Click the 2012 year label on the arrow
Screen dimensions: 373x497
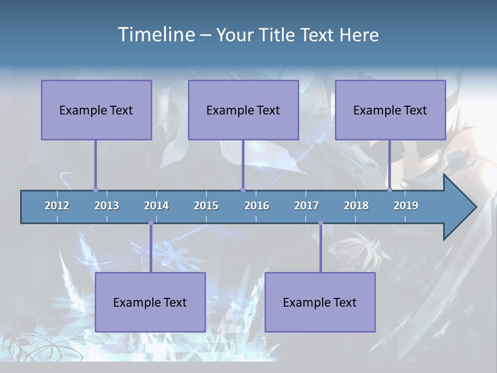click(57, 206)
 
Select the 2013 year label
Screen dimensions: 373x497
click(107, 206)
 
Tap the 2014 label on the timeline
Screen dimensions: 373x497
click(156, 206)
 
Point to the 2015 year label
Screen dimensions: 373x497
click(206, 206)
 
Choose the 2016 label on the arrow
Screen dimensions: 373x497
click(257, 206)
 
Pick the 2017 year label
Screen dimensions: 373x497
click(306, 206)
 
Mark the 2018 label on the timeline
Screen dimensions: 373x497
click(356, 206)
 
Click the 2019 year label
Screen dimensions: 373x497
click(406, 206)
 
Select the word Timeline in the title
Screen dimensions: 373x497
click(156, 35)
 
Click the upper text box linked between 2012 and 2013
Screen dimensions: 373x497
click(96, 110)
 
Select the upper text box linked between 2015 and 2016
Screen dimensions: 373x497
click(243, 110)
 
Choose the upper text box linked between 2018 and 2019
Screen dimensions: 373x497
click(390, 110)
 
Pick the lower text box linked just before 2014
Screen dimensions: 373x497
click(150, 302)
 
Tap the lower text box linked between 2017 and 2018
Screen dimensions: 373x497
click(320, 302)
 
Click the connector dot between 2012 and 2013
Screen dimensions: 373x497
click(95, 190)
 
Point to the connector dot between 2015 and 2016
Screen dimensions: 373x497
click(243, 190)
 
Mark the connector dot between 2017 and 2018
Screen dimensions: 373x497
click(320, 223)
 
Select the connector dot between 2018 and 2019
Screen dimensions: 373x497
click(389, 190)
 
